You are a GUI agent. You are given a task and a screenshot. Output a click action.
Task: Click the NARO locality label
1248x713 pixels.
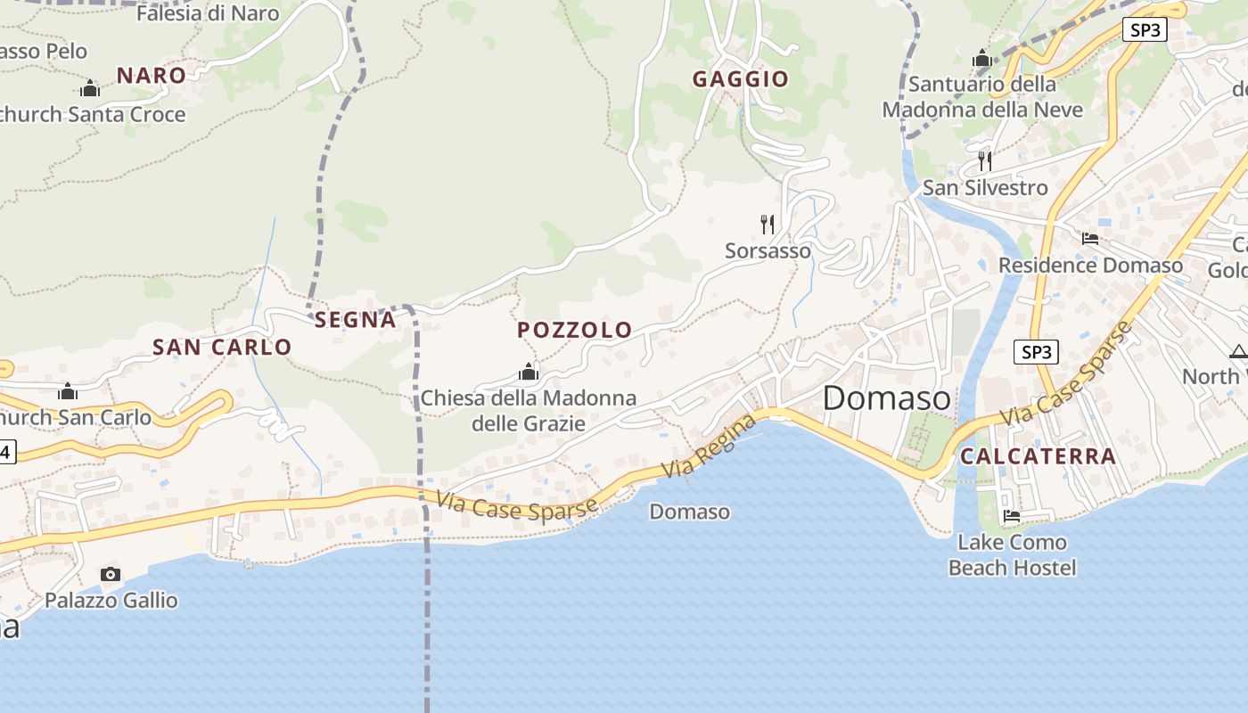pos(152,76)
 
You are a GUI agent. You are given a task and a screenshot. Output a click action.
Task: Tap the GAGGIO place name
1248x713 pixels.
pos(741,79)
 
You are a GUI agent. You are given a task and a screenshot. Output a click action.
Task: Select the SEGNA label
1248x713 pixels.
pos(355,320)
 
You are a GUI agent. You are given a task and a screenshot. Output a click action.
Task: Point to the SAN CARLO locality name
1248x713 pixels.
pos(222,348)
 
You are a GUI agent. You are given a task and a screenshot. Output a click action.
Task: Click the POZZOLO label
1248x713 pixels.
pos(575,331)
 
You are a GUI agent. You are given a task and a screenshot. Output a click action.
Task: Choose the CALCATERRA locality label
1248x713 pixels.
pos(1039,456)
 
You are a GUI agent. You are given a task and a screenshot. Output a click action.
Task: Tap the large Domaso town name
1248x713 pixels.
pos(886,398)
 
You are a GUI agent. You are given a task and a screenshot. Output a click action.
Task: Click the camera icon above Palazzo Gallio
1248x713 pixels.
pos(111,574)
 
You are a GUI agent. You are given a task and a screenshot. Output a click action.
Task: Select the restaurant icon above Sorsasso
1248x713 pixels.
pos(767,224)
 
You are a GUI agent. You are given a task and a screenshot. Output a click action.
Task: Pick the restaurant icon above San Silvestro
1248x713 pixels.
pos(985,160)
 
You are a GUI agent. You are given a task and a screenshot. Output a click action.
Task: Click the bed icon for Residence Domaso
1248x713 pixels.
pos(1090,238)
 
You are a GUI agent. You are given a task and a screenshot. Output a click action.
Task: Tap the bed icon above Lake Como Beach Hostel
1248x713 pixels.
pos(1012,515)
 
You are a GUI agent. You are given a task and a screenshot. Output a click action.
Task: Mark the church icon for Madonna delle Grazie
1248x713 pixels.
pos(529,372)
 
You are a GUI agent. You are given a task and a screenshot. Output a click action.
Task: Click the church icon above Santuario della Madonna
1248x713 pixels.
pos(982,59)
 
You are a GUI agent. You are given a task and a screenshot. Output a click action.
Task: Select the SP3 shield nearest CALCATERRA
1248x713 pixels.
pos(1036,352)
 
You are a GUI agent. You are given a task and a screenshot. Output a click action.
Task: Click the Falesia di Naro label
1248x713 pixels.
pos(207,13)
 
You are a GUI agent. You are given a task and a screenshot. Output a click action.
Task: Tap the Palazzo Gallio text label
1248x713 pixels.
pos(111,601)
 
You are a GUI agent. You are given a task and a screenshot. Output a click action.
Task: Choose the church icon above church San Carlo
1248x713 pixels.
pos(68,391)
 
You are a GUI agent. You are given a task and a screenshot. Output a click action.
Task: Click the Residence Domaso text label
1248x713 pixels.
pos(1091,266)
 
